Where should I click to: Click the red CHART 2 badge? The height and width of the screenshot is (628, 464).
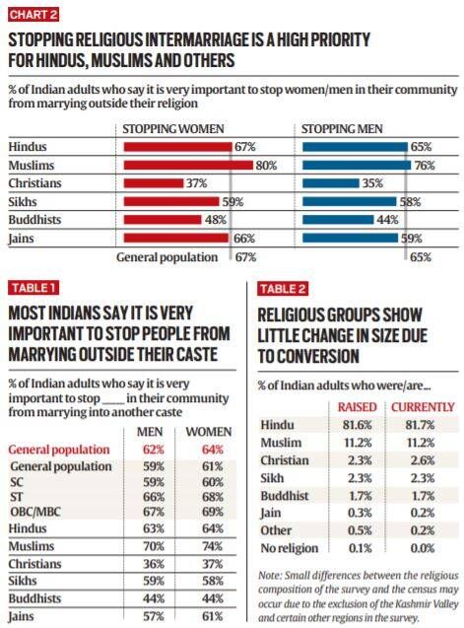[x=33, y=15]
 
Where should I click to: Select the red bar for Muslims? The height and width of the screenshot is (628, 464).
[x=188, y=165]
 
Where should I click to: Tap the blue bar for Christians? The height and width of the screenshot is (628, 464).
[x=331, y=183]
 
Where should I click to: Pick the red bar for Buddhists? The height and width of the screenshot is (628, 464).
[x=163, y=220]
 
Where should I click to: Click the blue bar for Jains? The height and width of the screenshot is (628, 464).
[x=351, y=239]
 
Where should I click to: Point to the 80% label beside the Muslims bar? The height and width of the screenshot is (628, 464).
[x=266, y=166]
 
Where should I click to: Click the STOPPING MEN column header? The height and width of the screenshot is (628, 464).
[x=342, y=129]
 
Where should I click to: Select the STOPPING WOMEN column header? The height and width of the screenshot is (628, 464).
[x=173, y=129]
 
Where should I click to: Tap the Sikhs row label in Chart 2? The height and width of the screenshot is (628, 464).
[x=23, y=201]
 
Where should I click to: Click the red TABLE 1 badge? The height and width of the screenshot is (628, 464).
[x=33, y=288]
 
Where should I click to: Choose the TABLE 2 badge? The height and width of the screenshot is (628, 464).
[x=283, y=289]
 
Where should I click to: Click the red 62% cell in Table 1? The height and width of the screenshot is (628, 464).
[x=154, y=450]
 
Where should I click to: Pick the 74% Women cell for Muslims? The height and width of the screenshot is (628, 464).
[x=212, y=546]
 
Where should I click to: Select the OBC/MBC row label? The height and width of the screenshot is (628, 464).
[x=35, y=512]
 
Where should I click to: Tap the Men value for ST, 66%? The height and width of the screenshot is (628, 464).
[x=154, y=497]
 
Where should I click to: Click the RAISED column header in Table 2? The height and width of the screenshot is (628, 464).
[x=357, y=407]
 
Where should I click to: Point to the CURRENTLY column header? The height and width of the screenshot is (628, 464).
[x=423, y=407]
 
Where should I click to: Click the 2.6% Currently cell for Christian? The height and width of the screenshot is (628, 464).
[x=423, y=460]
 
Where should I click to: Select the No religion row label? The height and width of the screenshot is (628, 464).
[x=290, y=548]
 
